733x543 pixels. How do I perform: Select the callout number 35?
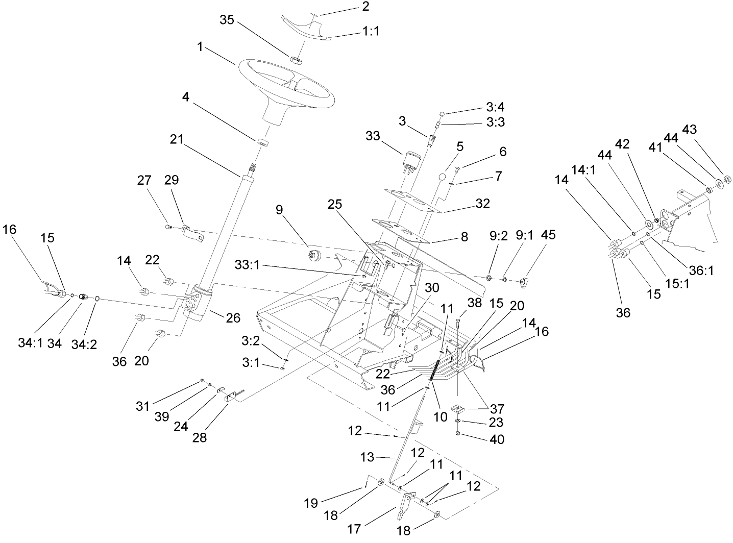(x=227, y=20)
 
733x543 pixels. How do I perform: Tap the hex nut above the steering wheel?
(x=296, y=60)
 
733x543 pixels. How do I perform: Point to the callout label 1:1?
(x=371, y=31)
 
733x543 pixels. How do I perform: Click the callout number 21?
(x=177, y=139)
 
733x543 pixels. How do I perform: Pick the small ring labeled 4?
(x=262, y=142)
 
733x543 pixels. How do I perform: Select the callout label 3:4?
(x=495, y=107)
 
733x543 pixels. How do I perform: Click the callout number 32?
(x=482, y=204)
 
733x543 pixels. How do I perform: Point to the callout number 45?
(x=548, y=235)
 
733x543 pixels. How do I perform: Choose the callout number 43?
(x=689, y=130)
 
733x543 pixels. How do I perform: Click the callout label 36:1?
(x=701, y=271)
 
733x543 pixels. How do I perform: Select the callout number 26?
(x=233, y=318)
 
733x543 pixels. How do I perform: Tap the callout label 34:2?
(x=84, y=344)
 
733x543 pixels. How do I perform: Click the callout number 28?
(x=199, y=437)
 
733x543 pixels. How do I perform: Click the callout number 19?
(x=311, y=503)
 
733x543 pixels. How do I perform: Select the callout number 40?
(x=497, y=439)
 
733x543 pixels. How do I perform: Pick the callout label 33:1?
(x=247, y=265)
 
